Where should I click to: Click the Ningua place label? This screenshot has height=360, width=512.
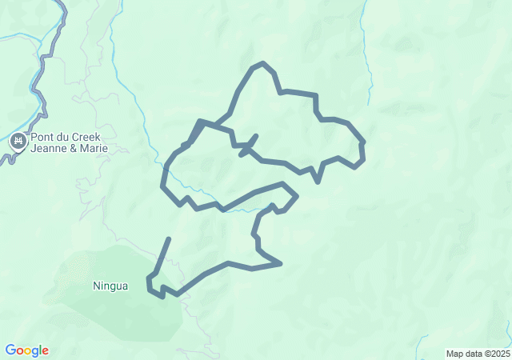coord(110,286)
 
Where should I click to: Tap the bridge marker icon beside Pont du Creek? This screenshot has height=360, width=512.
coord(18,142)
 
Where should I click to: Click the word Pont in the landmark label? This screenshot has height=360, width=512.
coord(42,137)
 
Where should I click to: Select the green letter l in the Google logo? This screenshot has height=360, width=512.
coord(39,350)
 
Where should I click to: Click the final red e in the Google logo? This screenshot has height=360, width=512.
coord(45,351)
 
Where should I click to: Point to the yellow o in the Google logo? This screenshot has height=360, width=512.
coord(26,351)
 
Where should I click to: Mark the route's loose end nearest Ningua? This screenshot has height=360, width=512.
coord(169,238)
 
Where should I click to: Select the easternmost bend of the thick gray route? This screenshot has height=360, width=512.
coord(363,156)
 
